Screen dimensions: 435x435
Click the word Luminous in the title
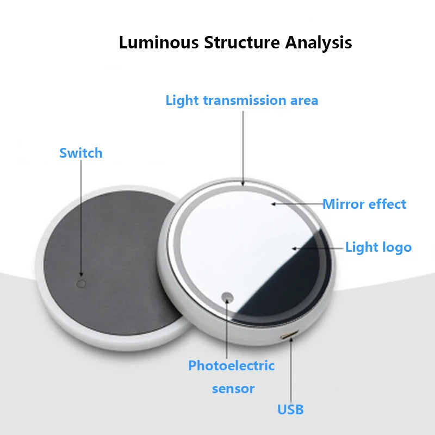(159, 42)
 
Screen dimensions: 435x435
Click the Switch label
(80, 153)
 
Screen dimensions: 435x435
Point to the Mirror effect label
(364, 204)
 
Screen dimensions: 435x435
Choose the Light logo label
(378, 247)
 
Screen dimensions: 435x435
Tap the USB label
(290, 409)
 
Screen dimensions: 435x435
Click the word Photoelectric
(231, 366)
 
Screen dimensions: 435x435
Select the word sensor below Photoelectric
(233, 389)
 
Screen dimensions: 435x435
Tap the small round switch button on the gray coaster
(82, 283)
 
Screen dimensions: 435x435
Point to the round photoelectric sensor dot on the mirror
(227, 297)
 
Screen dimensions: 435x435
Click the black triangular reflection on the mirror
(294, 283)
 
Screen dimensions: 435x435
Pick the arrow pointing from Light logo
(318, 248)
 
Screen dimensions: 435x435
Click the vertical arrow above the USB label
(291, 370)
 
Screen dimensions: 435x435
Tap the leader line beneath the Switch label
(81, 217)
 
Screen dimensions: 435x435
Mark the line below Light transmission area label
(243, 147)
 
